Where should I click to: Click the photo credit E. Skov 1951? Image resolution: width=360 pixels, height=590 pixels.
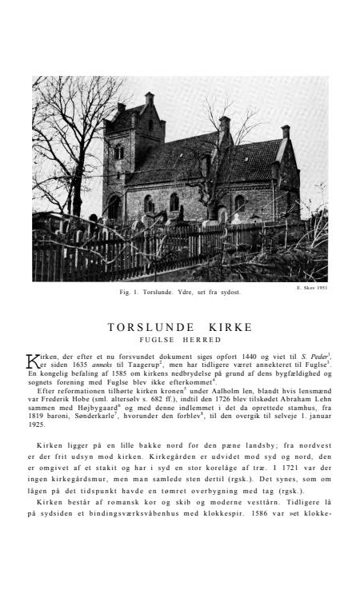coord(311,288)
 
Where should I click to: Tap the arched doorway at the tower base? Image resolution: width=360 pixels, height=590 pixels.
coord(115,209)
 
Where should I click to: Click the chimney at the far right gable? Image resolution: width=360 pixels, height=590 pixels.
coord(285,130)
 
